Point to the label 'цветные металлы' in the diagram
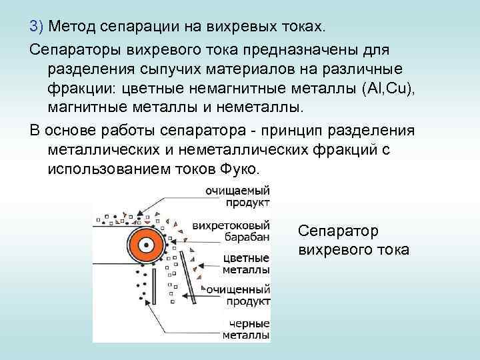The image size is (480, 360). [245, 264]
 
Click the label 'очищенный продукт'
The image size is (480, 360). [238, 296]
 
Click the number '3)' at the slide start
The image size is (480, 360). [36, 27]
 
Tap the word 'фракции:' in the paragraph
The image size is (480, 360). [79, 90]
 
